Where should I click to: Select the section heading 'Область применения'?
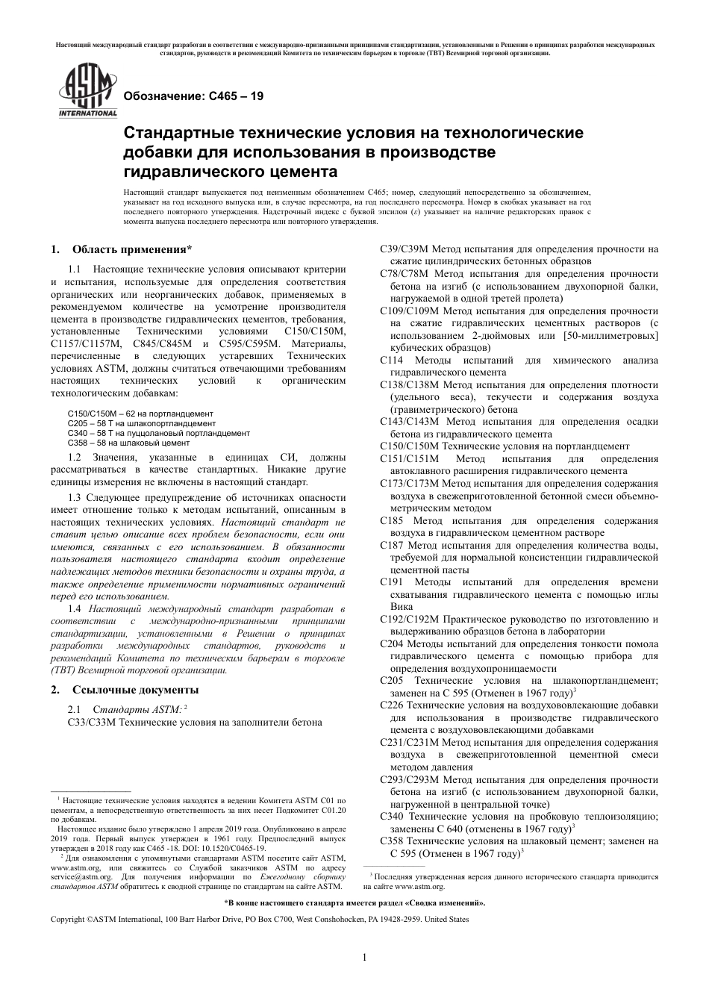[x=131, y=249]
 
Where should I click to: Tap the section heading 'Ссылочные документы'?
[x=135, y=689]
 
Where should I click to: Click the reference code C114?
[x=392, y=360]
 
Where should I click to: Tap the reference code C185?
[x=392, y=520]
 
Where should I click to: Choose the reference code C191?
[x=392, y=581]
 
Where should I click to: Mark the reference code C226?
[x=392, y=705]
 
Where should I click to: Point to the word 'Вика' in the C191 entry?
[x=402, y=607]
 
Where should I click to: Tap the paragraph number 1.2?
[x=75, y=457]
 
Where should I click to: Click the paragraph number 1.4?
[x=75, y=609]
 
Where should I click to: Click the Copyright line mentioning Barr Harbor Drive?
[x=259, y=920]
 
